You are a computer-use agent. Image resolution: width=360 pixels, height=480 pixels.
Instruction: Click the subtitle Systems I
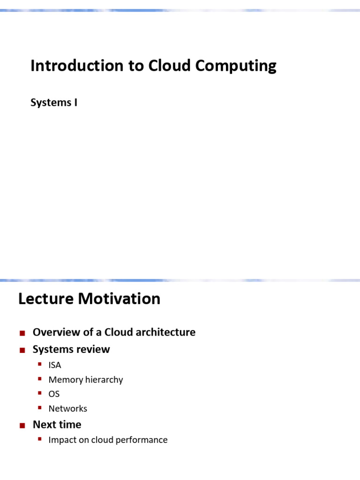pos(54,103)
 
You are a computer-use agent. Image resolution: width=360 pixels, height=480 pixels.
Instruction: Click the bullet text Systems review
pos(71,349)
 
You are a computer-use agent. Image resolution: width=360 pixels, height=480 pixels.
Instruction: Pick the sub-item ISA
pos(55,365)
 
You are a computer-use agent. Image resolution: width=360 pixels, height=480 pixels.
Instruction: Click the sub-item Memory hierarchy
pos(86,380)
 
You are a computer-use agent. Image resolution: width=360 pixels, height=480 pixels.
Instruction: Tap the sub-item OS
pos(54,394)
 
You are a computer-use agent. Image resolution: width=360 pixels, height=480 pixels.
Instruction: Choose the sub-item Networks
pos(68,409)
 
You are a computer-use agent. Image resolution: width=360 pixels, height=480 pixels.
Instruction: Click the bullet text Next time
pos(57,425)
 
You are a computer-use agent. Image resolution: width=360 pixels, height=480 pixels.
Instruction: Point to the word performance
pos(143,440)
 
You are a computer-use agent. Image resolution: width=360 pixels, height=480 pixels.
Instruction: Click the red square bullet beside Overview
pos(22,333)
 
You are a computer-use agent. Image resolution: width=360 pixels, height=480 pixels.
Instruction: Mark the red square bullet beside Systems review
pos(22,350)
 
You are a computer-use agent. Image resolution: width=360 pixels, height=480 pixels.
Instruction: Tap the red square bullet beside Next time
pos(22,426)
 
